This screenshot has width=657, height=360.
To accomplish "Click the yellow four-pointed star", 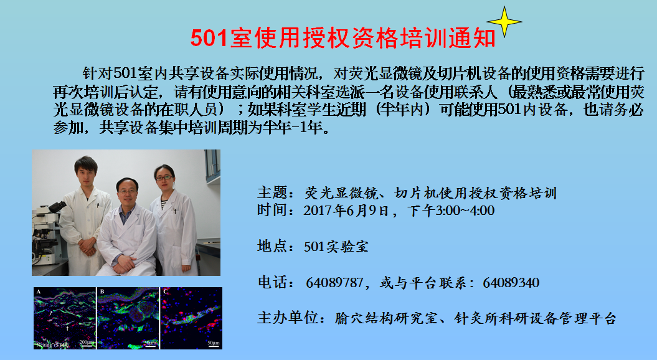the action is (504, 21).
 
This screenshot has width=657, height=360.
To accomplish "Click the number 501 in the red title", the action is (209, 38).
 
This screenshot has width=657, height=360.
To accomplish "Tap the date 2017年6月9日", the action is (346, 211).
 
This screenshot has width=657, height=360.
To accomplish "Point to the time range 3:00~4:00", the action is (465, 211).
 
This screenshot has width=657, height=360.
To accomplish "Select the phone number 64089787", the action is (334, 283).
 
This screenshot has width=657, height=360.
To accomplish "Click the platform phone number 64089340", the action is (511, 283).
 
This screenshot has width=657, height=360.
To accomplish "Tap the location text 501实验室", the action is (336, 247).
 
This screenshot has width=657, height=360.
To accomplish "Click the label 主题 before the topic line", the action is (272, 193).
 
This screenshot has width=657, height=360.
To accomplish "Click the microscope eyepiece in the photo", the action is (58, 207).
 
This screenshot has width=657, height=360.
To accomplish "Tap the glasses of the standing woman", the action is (164, 178).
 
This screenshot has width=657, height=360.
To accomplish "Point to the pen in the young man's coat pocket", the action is (98, 206).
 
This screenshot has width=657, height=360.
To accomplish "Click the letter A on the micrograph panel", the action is (39, 291).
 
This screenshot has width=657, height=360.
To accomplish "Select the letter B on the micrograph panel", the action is (102, 291).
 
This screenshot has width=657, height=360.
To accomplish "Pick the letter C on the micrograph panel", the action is (166, 291).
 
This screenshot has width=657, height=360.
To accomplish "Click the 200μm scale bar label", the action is (87, 343).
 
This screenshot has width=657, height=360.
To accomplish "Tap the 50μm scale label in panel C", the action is (213, 343).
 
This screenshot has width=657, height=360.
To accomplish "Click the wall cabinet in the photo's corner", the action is (212, 166).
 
